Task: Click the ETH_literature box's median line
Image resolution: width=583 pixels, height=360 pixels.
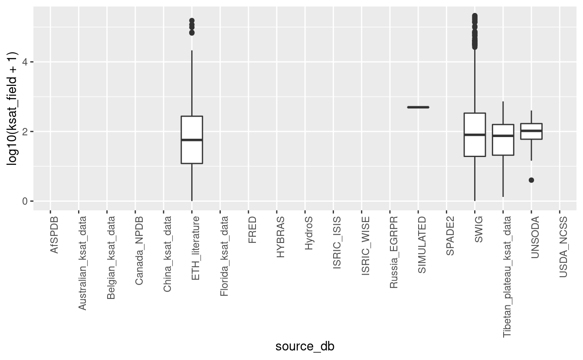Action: point(192,140)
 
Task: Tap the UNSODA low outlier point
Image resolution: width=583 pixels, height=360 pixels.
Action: point(531,180)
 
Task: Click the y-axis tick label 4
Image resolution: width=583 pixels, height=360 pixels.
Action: point(24,62)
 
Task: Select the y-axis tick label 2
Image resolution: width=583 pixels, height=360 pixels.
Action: point(24,131)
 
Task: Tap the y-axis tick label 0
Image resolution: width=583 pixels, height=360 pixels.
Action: point(24,201)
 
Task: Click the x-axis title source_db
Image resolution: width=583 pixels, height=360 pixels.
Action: point(305,347)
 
